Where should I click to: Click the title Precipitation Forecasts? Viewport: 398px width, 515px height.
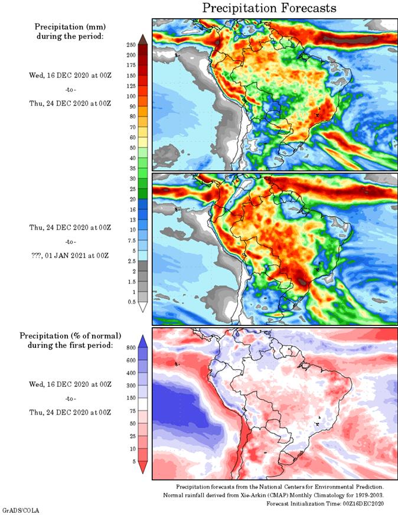(269, 8)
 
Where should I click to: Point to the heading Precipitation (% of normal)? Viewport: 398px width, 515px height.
(70, 335)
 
